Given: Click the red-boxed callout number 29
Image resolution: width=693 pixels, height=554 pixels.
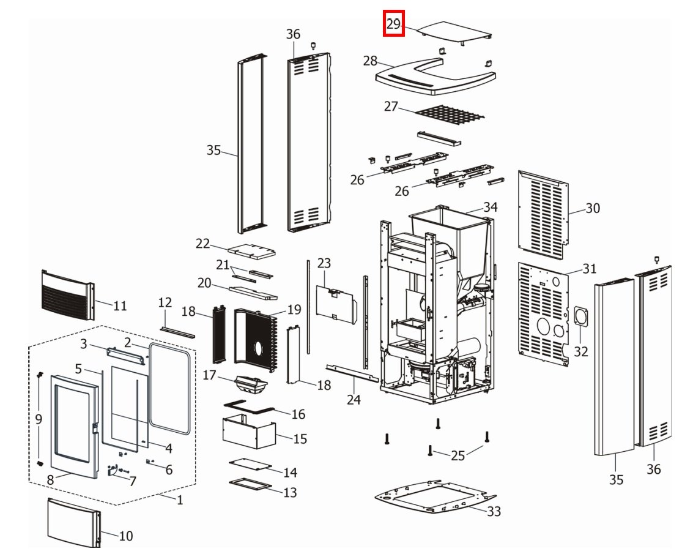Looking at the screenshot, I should click(x=393, y=24).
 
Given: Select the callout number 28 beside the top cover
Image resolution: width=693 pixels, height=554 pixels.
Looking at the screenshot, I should click(x=370, y=61).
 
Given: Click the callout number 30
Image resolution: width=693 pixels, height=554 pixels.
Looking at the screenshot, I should click(x=593, y=208).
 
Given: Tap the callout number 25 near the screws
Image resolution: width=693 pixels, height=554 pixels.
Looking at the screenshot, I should click(x=458, y=455).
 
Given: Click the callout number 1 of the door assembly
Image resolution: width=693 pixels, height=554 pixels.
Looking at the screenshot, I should click(x=180, y=500).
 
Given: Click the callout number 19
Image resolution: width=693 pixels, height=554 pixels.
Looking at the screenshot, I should click(x=294, y=310).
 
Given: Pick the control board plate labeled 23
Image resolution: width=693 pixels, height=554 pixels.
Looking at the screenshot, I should click(x=335, y=302).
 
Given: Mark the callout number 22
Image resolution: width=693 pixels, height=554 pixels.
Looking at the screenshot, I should click(x=203, y=243).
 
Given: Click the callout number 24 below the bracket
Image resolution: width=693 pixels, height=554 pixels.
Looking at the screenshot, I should click(x=354, y=400).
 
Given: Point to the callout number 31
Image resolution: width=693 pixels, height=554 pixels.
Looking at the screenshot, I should click(x=589, y=268).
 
